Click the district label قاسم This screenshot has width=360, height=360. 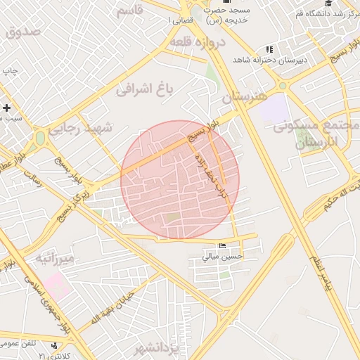point(129,10)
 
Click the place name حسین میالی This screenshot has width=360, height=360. point(222,257)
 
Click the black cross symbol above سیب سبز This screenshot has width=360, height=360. point(7,108)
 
